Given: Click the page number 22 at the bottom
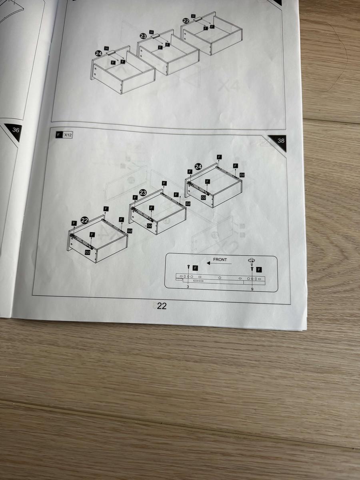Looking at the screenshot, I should tap(162, 306).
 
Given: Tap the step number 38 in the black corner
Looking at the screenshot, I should tap(281, 141).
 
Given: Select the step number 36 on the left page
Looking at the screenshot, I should tap(16, 130).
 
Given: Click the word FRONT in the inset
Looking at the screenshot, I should tap(220, 260).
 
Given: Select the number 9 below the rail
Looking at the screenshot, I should tap(252, 288).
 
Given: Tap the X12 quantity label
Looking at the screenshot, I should tap(68, 136).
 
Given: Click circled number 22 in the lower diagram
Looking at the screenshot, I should tap(84, 220).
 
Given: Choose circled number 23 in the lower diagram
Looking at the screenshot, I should tap(142, 193).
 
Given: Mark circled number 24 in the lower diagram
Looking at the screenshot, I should tap(198, 166).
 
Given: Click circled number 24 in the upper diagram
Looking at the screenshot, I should tap(98, 53).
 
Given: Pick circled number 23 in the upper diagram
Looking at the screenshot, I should tap(143, 36).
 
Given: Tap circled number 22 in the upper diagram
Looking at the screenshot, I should tap(185, 20).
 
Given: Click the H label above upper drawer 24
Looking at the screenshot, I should tap(107, 48).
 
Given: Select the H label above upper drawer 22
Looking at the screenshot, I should tap(194, 16).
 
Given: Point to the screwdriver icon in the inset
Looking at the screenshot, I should tap(251, 260).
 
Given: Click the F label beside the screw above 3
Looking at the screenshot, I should tap(195, 268).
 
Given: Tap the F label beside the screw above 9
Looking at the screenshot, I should tap(259, 269).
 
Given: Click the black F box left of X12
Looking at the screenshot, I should tap(59, 136).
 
